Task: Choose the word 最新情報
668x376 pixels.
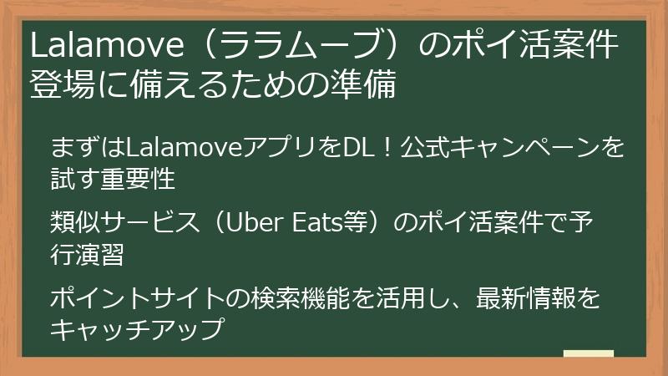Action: (x=527, y=299)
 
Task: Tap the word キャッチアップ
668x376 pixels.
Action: (x=138, y=328)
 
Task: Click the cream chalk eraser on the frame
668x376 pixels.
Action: (x=588, y=354)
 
